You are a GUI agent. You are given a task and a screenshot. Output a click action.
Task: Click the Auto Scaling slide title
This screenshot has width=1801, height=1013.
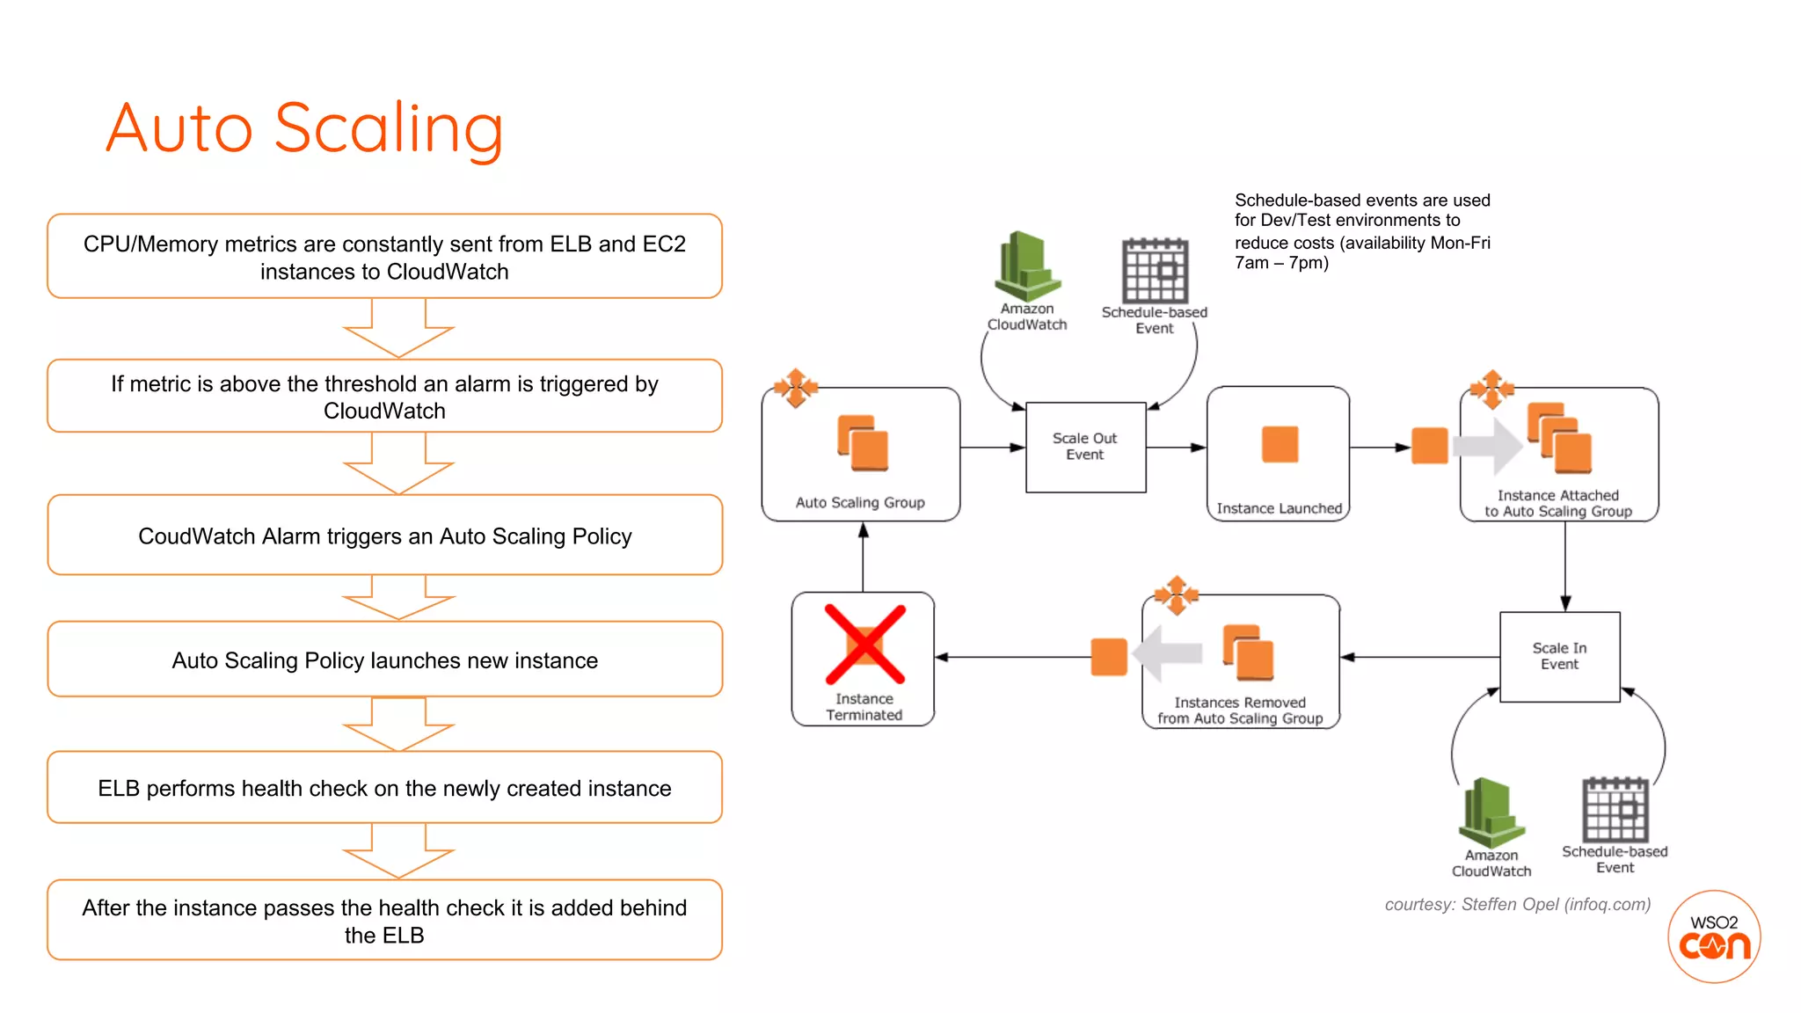[x=304, y=128]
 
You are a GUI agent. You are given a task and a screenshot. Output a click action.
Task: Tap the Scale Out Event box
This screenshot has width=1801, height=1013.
[x=1085, y=447]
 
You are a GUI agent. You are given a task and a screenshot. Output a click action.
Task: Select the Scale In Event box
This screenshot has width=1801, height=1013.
[x=1559, y=656]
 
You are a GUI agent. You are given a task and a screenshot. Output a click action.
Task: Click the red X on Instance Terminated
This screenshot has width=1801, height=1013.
[x=864, y=645]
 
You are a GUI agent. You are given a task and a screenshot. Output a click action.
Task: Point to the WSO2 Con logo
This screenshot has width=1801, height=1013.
[x=1714, y=936]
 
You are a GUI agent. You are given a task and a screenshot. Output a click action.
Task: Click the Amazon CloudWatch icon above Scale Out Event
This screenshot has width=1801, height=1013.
[x=1027, y=266]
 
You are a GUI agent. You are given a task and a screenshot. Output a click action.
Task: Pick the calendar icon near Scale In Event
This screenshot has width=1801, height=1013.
[x=1615, y=810]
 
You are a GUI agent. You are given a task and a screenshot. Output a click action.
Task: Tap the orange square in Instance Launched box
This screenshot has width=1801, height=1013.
[x=1280, y=444]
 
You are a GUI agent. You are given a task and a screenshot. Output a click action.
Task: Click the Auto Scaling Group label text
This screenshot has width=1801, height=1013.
[x=860, y=502]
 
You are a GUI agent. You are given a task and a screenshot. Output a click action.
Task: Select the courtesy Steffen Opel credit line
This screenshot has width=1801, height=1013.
[x=1517, y=904]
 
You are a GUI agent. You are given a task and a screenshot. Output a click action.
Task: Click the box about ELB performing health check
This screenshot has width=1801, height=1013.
[x=384, y=788]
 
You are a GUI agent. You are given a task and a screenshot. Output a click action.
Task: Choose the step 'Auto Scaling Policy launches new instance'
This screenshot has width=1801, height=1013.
[x=384, y=660]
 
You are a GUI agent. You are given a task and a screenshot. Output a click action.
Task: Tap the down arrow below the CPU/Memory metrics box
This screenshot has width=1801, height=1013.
[x=398, y=330]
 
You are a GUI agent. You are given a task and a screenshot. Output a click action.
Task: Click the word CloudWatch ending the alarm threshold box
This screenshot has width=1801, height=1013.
[x=384, y=411]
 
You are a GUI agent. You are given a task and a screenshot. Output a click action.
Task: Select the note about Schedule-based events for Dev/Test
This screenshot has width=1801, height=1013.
[x=1361, y=231]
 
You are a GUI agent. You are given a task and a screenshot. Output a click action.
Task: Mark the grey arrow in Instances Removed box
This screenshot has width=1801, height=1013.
[x=1168, y=652]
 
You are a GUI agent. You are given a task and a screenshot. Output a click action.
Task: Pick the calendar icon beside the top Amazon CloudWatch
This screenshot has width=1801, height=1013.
[x=1155, y=271]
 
